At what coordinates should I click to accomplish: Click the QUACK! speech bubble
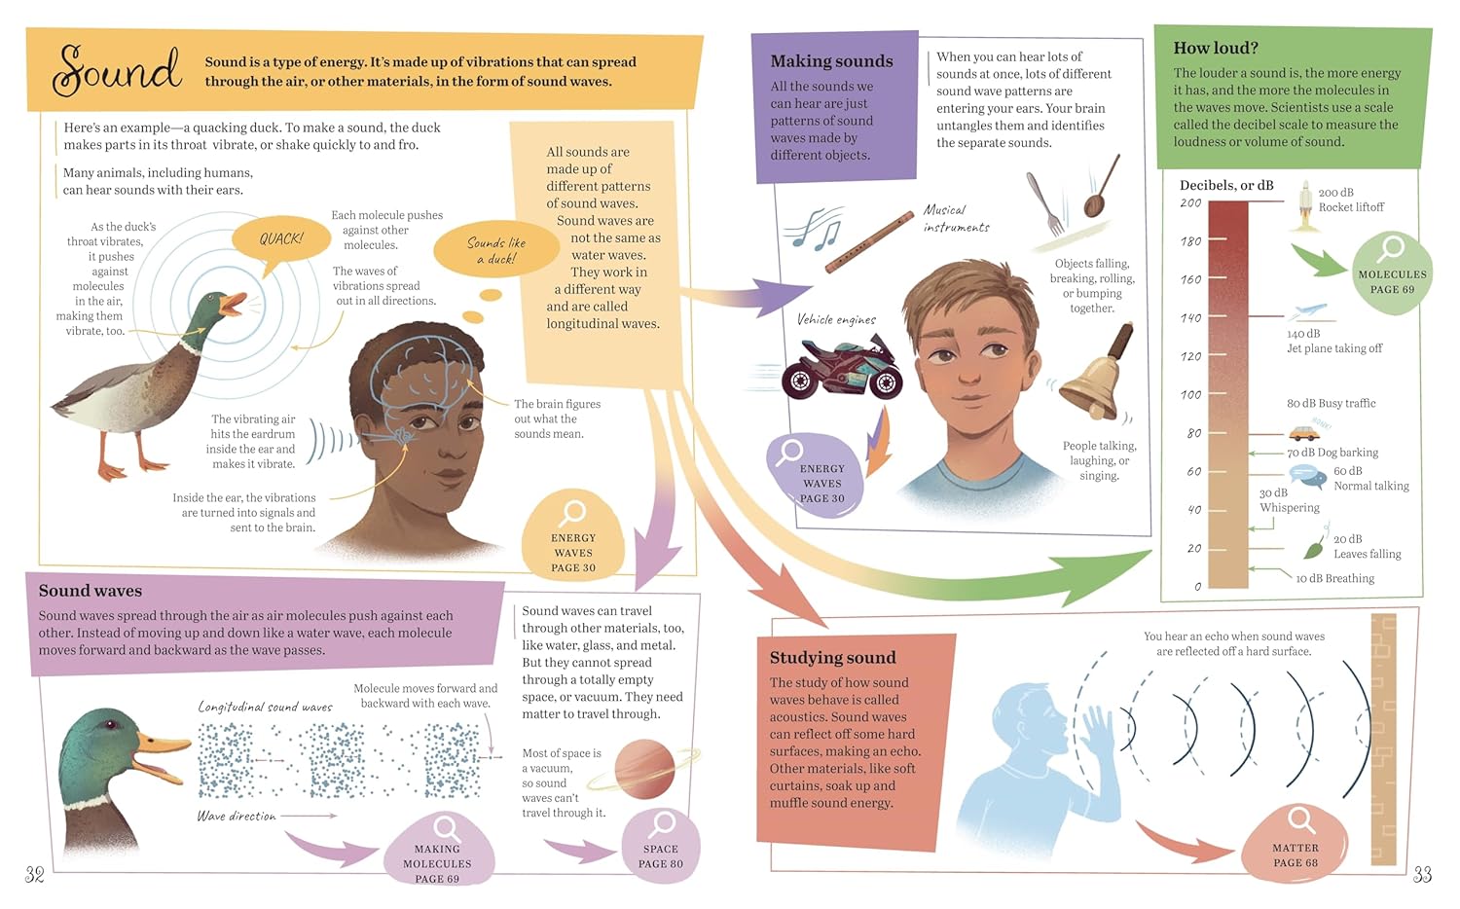click(x=281, y=239)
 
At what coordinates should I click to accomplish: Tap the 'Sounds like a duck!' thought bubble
click(x=496, y=250)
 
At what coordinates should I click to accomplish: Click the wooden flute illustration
click(x=869, y=241)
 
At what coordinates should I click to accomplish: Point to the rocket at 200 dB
click(x=1304, y=205)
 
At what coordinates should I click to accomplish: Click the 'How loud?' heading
click(x=1216, y=48)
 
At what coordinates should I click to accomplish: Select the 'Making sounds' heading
click(x=831, y=60)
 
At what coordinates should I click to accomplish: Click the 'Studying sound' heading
click(x=832, y=657)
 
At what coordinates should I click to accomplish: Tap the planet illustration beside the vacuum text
click(x=644, y=769)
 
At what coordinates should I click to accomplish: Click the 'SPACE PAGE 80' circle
click(x=661, y=846)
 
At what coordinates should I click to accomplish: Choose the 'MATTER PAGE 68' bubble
click(x=1295, y=844)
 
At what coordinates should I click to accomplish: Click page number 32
click(x=34, y=875)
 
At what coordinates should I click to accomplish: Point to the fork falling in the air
click(x=1044, y=203)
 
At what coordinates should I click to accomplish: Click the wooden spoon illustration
click(x=1102, y=186)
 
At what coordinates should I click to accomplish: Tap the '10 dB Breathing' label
click(x=1334, y=578)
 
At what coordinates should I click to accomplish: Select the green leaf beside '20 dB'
click(x=1314, y=548)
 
